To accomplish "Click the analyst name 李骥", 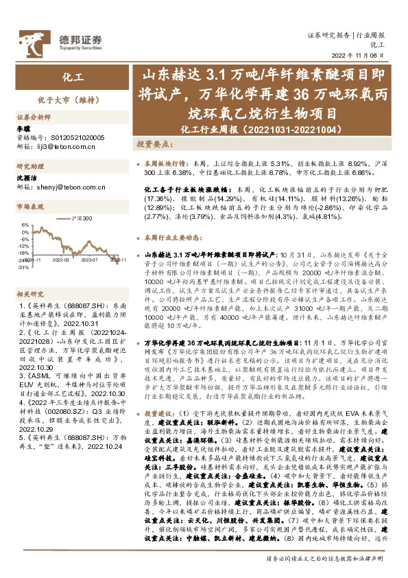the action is pos(24,129).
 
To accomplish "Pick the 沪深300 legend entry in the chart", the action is pos(82,217).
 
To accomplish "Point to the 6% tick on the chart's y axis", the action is pos(25,224).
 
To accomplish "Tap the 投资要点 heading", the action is pos(154,145).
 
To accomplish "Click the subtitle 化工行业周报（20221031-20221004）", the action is pos(239,128).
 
